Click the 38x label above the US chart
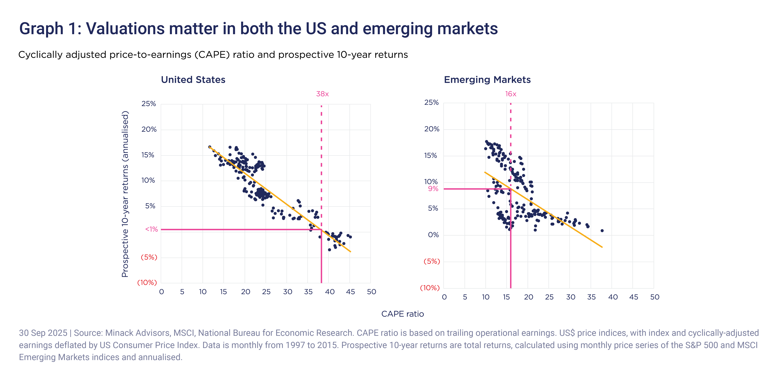[322, 94]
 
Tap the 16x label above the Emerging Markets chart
[511, 94]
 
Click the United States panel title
[193, 80]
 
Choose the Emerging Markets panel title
[487, 80]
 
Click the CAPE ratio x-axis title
[402, 314]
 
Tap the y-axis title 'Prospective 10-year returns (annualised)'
[125, 194]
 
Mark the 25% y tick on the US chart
[149, 104]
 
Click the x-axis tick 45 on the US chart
[350, 292]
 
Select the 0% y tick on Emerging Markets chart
[433, 235]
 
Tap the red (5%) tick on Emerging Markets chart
[431, 261]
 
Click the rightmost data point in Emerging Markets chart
[602, 231]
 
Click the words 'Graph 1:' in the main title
[50, 29]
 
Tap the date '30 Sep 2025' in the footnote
[43, 333]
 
